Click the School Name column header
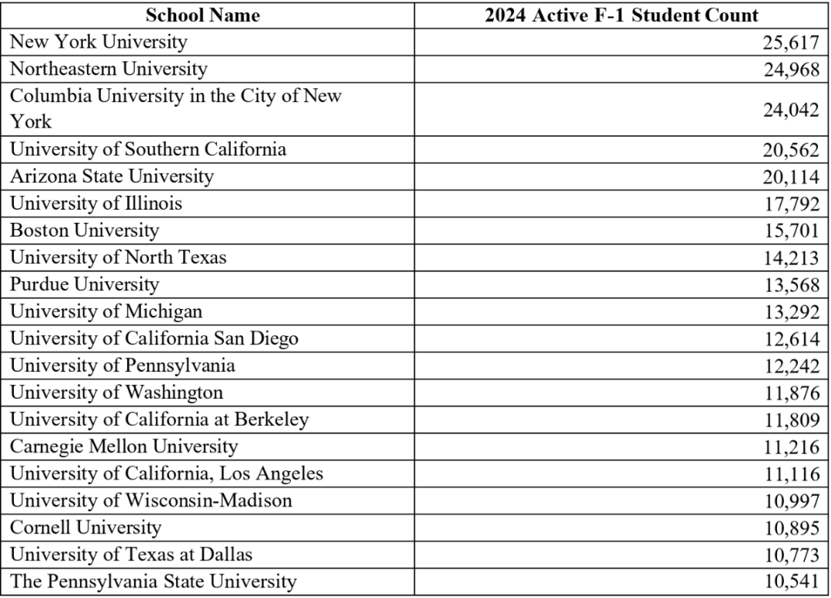pyautogui.click(x=202, y=15)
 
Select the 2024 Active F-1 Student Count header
pyautogui.click(x=621, y=15)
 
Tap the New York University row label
pyautogui.click(x=98, y=41)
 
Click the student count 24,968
pyautogui.click(x=791, y=69)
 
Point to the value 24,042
pyautogui.click(x=791, y=109)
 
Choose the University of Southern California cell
pyautogui.click(x=148, y=148)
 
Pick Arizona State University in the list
pyautogui.click(x=112, y=176)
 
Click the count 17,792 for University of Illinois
pyautogui.click(x=791, y=204)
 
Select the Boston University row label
pyautogui.click(x=85, y=230)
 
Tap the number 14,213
pyautogui.click(x=791, y=257)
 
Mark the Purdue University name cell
pyautogui.click(x=85, y=284)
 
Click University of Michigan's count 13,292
pyautogui.click(x=791, y=312)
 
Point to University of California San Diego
pyautogui.click(x=154, y=338)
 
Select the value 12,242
pyautogui.click(x=791, y=366)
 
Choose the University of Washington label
pyautogui.click(x=116, y=393)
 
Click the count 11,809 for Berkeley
pyautogui.click(x=791, y=420)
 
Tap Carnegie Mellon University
pyautogui.click(x=124, y=447)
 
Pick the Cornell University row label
pyautogui.click(x=85, y=528)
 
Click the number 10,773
pyautogui.click(x=791, y=555)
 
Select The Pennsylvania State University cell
pyautogui.click(x=153, y=582)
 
